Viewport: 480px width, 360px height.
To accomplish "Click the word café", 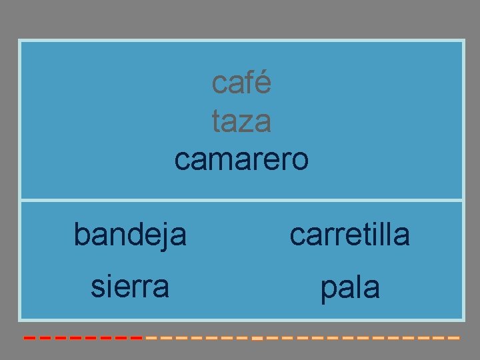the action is pyautogui.click(x=241, y=83).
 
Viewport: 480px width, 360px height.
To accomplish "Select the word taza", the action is pyautogui.click(x=241, y=121).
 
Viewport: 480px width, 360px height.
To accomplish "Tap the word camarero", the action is pyautogui.click(x=241, y=160).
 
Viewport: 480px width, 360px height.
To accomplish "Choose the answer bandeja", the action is pyautogui.click(x=130, y=235).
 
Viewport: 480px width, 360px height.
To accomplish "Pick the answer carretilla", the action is pyautogui.click(x=350, y=235).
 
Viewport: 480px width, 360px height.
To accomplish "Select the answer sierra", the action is pyautogui.click(x=130, y=287).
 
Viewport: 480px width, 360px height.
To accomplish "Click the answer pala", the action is pyautogui.click(x=350, y=288).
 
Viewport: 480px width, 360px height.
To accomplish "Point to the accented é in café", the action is pyautogui.click(x=263, y=83).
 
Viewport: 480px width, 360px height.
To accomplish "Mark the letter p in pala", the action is pyautogui.click(x=328, y=291).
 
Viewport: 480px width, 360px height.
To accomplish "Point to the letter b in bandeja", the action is pyautogui.click(x=81, y=234).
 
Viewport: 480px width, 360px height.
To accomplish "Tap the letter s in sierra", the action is pyautogui.click(x=98, y=287).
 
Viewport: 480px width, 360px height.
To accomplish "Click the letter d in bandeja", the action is pyautogui.click(x=133, y=234).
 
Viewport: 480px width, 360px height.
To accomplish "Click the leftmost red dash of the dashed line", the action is pyautogui.click(x=30, y=338).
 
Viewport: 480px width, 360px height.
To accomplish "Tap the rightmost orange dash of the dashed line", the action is pyautogui.click(x=454, y=338).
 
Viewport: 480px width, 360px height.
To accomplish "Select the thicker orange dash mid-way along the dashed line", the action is pyautogui.click(x=258, y=339).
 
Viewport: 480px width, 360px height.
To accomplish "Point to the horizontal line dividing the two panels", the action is pyautogui.click(x=241, y=199).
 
